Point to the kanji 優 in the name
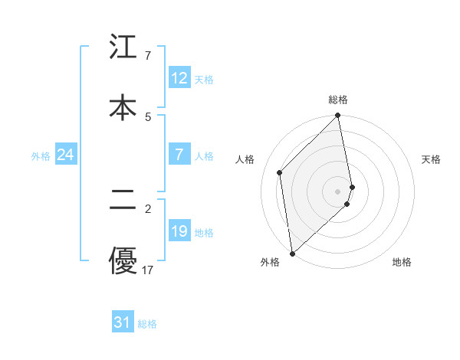123,260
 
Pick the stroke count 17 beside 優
148,270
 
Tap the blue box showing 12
179,78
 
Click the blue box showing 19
179,231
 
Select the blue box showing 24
65,155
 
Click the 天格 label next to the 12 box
203,80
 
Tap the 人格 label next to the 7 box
203,156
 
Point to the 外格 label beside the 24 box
41,156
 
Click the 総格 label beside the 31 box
147,324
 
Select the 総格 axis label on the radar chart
338,100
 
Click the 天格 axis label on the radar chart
432,159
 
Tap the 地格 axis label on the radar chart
402,263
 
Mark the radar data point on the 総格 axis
338,116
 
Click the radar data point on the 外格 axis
292,253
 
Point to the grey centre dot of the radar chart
338,191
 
